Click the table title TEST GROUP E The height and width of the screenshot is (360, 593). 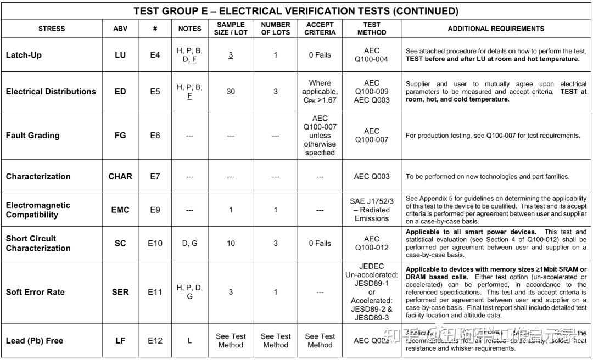(296, 11)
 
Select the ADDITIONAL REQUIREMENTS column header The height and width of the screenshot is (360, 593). (496, 29)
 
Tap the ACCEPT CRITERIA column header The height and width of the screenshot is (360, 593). (320, 29)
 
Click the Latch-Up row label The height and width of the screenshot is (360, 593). (24, 55)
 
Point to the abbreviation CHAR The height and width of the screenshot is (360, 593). (120, 176)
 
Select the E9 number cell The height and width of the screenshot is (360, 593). (155, 210)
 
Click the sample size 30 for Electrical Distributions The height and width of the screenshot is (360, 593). (231, 92)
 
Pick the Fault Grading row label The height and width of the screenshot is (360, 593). (32, 135)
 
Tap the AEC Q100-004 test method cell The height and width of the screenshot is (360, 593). (372, 55)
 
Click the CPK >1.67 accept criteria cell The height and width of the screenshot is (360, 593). (320, 92)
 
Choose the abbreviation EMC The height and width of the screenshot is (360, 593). (120, 210)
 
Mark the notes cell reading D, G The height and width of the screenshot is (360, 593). (190, 243)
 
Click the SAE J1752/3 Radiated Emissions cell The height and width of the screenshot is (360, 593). (372, 210)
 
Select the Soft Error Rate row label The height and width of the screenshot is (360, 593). (35, 292)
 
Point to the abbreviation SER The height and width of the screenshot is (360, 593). (120, 292)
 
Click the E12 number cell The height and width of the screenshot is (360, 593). (155, 340)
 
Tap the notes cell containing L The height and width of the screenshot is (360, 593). (190, 340)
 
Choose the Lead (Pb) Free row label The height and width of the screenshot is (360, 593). (35, 340)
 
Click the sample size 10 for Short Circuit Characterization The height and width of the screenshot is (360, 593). (231, 243)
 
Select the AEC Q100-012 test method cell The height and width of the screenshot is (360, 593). (372, 243)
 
